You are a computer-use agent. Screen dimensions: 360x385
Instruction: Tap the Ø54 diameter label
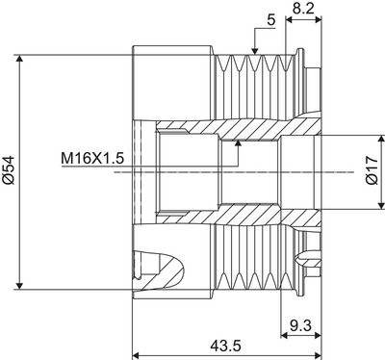point(9,170)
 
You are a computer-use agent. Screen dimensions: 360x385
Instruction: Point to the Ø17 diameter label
point(370,173)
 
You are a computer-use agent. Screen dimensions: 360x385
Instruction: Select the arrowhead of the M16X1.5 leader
point(236,143)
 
